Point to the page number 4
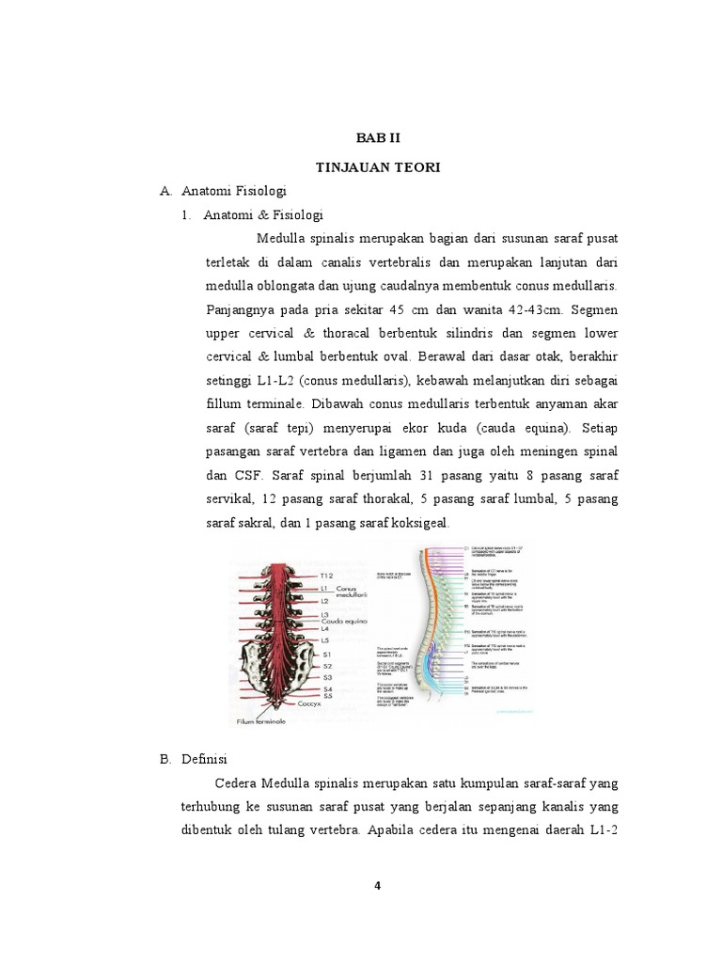pyautogui.click(x=377, y=883)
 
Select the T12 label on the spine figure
pyautogui.click(x=327, y=575)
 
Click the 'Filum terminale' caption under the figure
pyautogui.click(x=263, y=722)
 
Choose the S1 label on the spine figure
pyautogui.click(x=327, y=653)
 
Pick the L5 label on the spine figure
pyautogui.click(x=326, y=639)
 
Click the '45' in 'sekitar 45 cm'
pyautogui.click(x=400, y=309)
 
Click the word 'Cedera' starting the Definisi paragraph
pyautogui.click(x=237, y=782)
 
